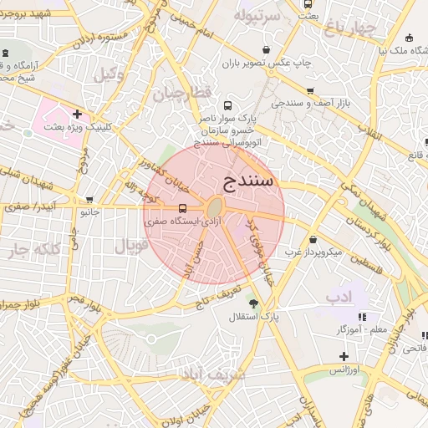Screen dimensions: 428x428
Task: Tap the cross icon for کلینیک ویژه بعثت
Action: (x=78, y=114)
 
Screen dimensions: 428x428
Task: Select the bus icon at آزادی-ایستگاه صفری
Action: (x=182, y=207)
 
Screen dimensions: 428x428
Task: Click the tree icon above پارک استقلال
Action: (x=253, y=303)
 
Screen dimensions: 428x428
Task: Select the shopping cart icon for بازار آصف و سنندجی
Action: (x=310, y=91)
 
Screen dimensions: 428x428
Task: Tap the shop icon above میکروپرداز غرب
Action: (x=313, y=238)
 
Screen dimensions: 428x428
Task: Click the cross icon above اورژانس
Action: (x=344, y=356)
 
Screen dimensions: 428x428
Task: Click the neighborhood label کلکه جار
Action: (x=33, y=249)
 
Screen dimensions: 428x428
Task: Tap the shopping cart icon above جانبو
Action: (x=89, y=200)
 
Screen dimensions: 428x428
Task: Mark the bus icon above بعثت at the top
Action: (x=308, y=4)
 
